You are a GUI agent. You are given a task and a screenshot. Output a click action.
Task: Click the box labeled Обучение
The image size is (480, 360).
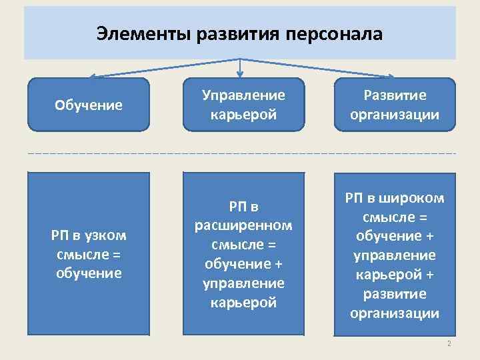pos(89,105)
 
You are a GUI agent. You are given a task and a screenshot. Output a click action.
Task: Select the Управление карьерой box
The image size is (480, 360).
pos(243,105)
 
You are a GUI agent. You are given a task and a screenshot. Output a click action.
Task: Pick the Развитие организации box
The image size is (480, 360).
pos(395,105)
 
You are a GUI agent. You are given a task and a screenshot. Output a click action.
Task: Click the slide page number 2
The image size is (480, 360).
pos(449,343)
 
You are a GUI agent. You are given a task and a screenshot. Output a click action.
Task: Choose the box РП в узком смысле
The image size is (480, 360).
pos(89,253)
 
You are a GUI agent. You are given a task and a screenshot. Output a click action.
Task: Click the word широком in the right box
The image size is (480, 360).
pos(414,198)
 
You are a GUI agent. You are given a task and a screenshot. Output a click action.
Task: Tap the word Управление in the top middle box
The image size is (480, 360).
pos(243,95)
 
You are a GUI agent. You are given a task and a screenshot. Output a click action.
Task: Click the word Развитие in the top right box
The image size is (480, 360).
pos(395,95)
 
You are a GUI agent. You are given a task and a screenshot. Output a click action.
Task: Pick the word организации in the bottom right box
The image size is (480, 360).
pos(395,313)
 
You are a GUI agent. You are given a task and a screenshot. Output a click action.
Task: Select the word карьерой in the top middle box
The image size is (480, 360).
pos(243,114)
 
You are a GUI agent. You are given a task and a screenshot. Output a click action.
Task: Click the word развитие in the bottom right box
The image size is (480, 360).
pos(395,294)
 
